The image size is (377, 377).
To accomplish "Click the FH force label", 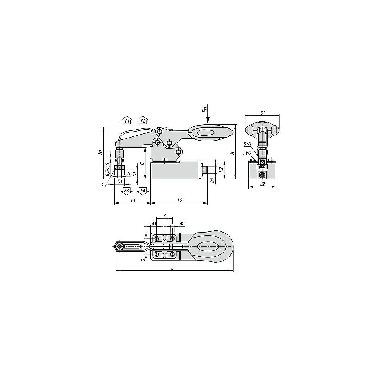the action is (x=204, y=110).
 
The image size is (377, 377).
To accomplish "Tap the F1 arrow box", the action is (x=127, y=120).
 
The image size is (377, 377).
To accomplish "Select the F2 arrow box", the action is (x=143, y=120).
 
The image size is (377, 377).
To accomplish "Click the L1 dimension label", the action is (x=133, y=200).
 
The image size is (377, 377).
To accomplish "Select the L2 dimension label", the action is (x=179, y=200).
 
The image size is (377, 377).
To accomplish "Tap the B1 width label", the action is (x=262, y=112).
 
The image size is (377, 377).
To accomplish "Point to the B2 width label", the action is (x=262, y=184).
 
